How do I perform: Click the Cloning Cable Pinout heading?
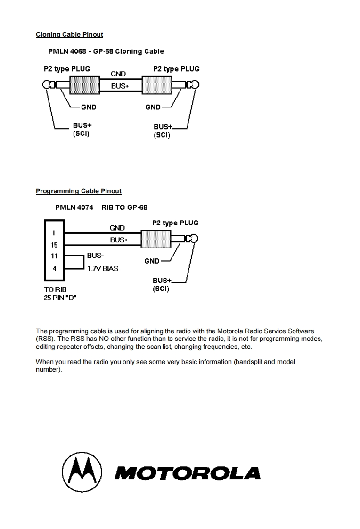[69, 34]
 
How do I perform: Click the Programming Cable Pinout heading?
[78, 191]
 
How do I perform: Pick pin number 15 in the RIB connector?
[54, 245]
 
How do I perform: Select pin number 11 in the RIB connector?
[54, 256]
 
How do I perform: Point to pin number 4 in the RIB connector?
[54, 268]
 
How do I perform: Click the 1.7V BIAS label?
[103, 269]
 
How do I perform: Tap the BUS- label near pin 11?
[95, 256]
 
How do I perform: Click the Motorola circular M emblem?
[82, 472]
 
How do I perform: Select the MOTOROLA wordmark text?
[188, 473]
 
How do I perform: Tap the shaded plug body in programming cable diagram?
[155, 239]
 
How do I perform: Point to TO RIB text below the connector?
[54, 291]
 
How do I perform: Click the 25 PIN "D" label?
[59, 298]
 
